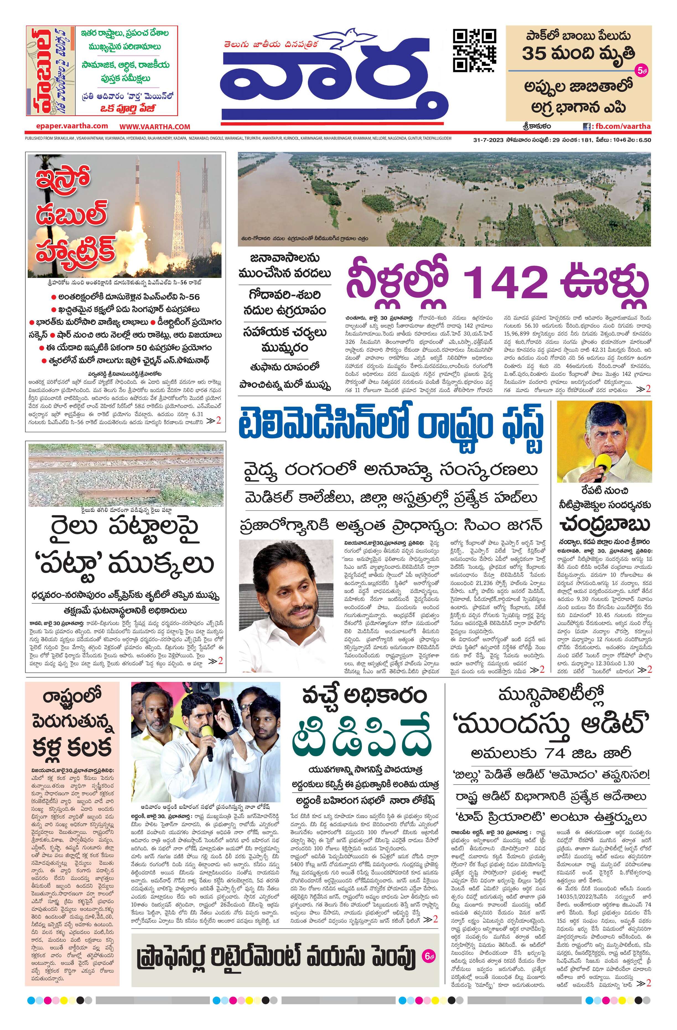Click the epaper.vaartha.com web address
pyautogui.click(x=72, y=126)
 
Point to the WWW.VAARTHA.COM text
pyautogui.click(x=155, y=126)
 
